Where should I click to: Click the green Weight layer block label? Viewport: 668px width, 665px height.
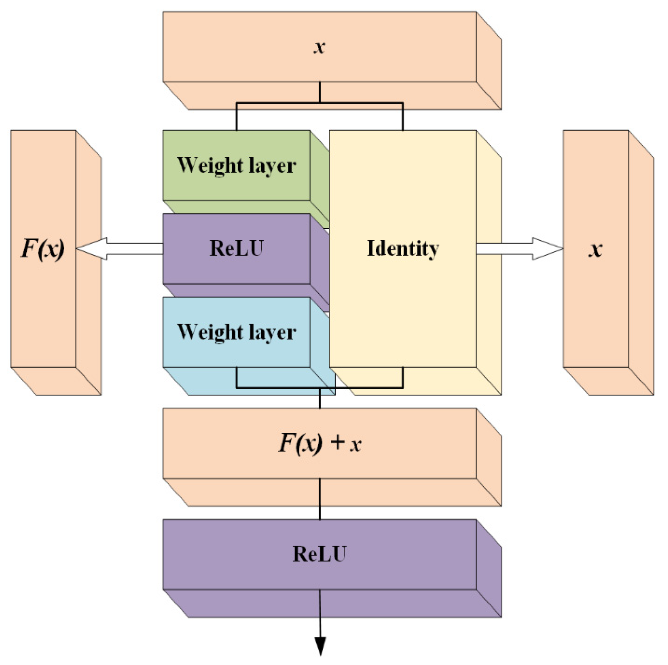[x=237, y=165]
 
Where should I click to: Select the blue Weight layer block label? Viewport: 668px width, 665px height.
[x=237, y=332]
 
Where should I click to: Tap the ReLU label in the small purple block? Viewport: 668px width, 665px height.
[x=237, y=248]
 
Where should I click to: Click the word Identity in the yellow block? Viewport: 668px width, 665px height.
[x=403, y=248]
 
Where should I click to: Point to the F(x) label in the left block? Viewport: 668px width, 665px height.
[x=43, y=248]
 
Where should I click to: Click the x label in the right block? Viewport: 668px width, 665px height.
[x=595, y=249]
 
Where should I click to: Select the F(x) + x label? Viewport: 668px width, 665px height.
[x=320, y=443]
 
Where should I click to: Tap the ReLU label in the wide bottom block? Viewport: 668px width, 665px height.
[x=320, y=554]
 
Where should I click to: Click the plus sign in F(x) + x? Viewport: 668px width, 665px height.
[x=337, y=442]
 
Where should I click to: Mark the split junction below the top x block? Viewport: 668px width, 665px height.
[x=320, y=103]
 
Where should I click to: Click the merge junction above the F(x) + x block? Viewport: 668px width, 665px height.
[x=320, y=388]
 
